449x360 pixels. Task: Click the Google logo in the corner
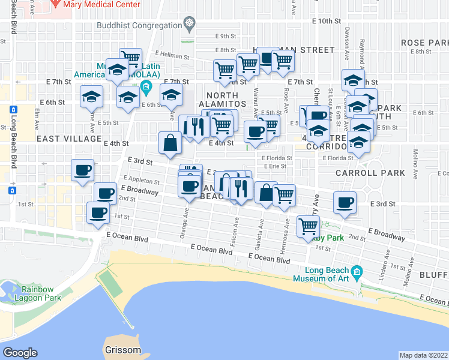[20, 353]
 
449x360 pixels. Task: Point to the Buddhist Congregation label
[140, 25]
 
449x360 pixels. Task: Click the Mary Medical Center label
[100, 4]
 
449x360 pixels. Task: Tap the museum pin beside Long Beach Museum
[357, 271]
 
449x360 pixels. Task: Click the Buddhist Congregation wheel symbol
[190, 25]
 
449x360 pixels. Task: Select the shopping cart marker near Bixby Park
[308, 226]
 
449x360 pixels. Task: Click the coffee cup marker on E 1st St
[98, 212]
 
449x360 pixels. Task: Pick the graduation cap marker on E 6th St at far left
[91, 96]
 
